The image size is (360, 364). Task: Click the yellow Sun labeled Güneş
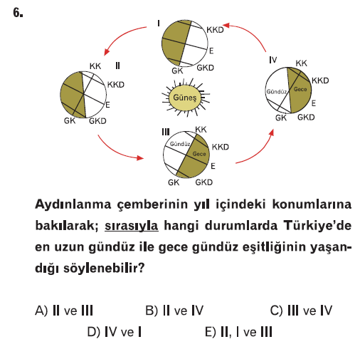coord(185,98)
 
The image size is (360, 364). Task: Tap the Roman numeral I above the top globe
coord(159,24)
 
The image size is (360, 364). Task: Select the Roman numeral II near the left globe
coord(117,66)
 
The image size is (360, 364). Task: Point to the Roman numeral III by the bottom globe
coord(166,132)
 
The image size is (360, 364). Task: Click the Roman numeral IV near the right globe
coord(273,60)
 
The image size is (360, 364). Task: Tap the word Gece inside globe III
coord(199,154)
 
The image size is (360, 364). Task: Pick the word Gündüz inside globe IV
coord(277,92)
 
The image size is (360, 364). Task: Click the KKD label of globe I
coord(215,30)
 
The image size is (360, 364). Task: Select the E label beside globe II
coord(107,105)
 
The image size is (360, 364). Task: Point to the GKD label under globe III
coord(204,182)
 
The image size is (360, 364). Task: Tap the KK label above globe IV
coord(301,63)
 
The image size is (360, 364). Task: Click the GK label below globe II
coord(70,121)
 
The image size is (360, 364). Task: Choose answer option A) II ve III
coord(64,311)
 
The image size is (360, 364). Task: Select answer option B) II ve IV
coord(174,311)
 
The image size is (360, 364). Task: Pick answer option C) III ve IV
coord(301,311)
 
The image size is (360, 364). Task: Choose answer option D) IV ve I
coord(115,332)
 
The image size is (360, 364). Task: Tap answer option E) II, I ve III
coord(238,332)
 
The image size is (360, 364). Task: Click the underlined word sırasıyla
coord(132,226)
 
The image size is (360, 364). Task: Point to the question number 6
coord(18,13)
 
